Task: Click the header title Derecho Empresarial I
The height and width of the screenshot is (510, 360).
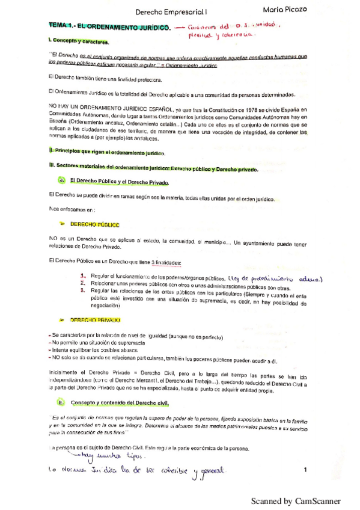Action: (x=171, y=11)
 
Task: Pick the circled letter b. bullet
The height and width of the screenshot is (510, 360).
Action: (x=62, y=402)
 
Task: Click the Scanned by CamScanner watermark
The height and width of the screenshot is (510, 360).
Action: (x=296, y=500)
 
